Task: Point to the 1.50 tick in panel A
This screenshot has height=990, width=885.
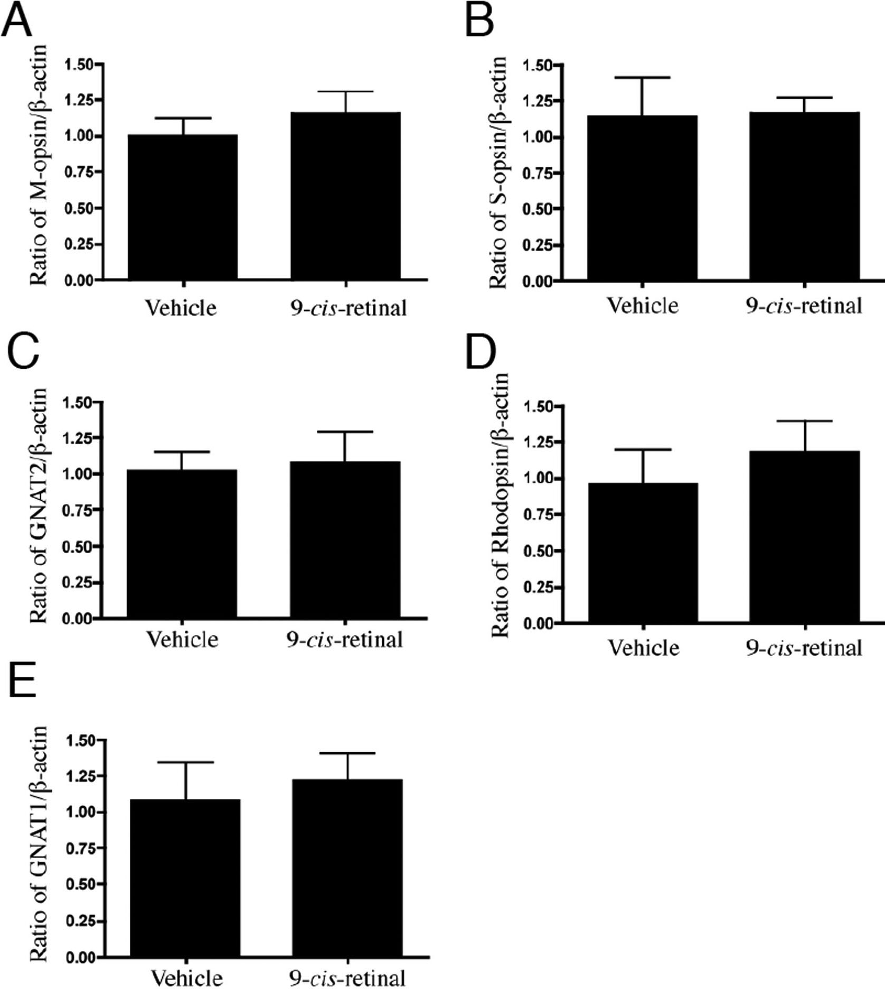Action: pyautogui.click(x=79, y=64)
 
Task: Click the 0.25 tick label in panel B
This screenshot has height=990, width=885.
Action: pyautogui.click(x=538, y=245)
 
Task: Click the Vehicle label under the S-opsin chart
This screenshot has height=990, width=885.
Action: pyautogui.click(x=643, y=306)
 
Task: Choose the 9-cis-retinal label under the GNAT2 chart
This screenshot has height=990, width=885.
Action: pyautogui.click(x=345, y=640)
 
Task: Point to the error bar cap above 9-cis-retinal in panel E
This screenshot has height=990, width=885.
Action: pyautogui.click(x=347, y=753)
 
